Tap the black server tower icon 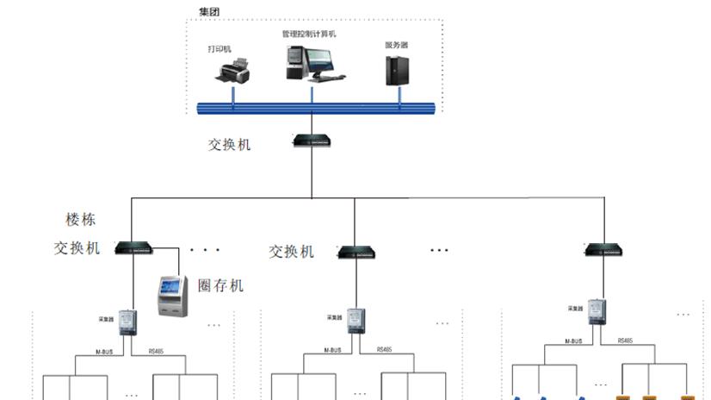click(397, 69)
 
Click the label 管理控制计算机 click(308, 34)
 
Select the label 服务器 click(396, 44)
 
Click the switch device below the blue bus click(311, 140)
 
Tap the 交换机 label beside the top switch click(229, 145)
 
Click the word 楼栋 click(81, 220)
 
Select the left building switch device click(133, 248)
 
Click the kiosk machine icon click(171, 296)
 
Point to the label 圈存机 click(220, 285)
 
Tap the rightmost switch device click(604, 250)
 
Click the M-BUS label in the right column click(573, 341)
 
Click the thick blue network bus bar click(315, 107)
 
